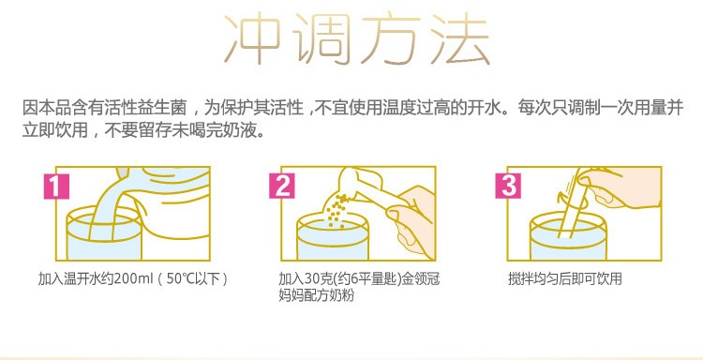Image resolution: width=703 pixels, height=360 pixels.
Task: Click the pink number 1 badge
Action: pos(56,186)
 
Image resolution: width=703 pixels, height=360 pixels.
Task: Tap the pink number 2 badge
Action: pos(282,186)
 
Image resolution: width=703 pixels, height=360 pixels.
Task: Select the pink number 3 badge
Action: pos(508,186)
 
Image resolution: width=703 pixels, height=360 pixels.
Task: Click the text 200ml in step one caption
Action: pos(130,278)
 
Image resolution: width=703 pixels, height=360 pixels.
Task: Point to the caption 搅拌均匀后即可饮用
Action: pos(565,278)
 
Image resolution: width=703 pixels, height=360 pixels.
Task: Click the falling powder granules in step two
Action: pos(337,210)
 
